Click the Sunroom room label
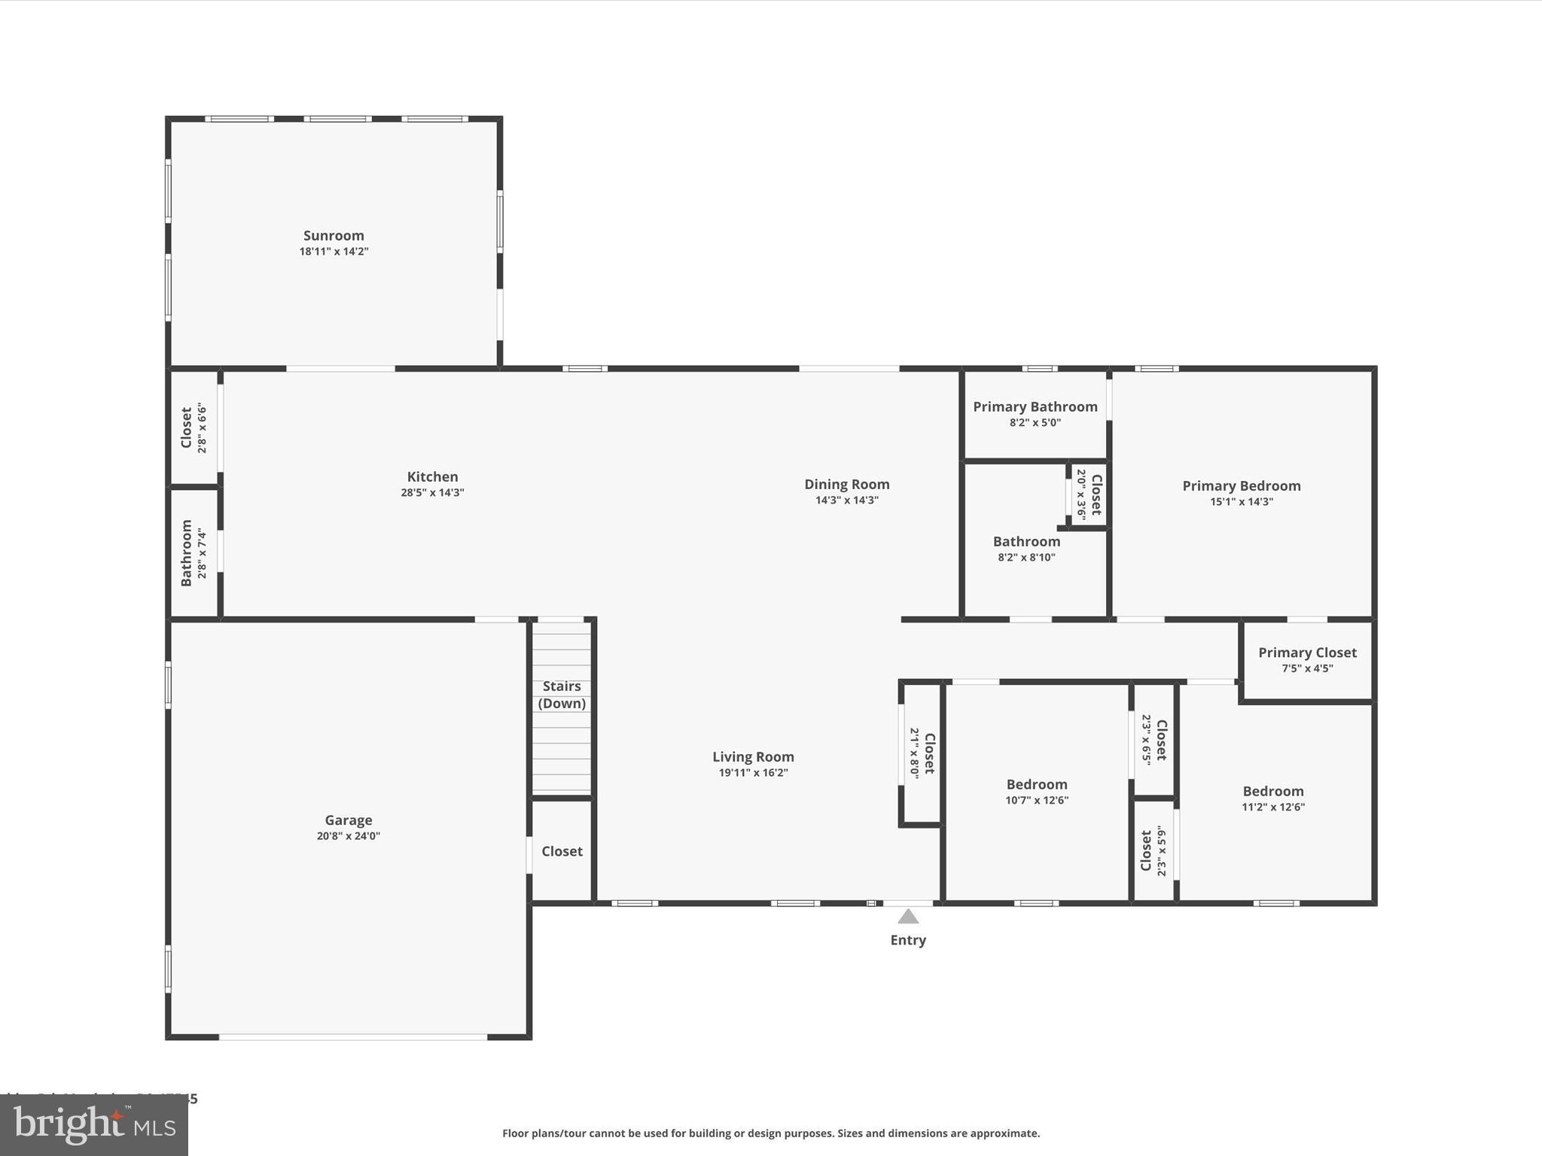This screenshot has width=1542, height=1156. (334, 236)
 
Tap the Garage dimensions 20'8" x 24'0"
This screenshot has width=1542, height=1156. (348, 836)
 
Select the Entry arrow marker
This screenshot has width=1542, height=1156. (908, 916)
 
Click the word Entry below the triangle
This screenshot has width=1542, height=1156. (908, 940)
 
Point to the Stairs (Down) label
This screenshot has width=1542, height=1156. (562, 695)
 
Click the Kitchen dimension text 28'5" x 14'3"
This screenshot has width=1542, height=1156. (432, 493)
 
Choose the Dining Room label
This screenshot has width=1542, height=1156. (846, 484)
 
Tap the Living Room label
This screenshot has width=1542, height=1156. (753, 756)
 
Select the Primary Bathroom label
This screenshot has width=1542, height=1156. (1035, 406)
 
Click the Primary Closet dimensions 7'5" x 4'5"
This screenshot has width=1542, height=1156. (1307, 668)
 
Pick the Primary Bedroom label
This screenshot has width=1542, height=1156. (1241, 485)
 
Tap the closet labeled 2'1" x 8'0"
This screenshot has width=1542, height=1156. (922, 753)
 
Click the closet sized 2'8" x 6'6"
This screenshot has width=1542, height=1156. (194, 428)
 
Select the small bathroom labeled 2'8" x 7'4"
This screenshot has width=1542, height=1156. (194, 553)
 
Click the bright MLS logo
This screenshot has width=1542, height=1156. (94, 1125)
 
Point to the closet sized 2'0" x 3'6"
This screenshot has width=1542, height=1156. (1089, 494)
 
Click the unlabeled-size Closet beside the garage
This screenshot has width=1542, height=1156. (562, 851)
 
